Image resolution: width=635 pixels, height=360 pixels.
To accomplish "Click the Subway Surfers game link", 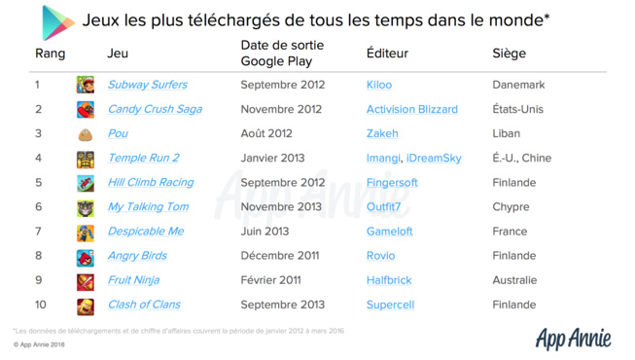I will point(147,85).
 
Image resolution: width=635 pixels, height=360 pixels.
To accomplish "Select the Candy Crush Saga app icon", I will point(86,110).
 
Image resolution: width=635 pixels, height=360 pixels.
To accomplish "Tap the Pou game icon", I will point(86,134).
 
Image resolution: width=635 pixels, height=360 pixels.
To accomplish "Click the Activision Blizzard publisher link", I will point(411,109).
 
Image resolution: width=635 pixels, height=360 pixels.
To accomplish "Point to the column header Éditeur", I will point(387,54).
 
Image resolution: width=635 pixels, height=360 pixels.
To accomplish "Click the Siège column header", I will point(509,54).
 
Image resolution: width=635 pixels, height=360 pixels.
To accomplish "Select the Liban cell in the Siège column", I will point(506,133).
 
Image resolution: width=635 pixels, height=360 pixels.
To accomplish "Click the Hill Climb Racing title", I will point(150,182).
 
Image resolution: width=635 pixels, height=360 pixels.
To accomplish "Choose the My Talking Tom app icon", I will point(86,207).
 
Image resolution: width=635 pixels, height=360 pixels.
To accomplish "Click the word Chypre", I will point(512,206).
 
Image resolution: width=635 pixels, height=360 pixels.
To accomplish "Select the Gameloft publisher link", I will point(389,232).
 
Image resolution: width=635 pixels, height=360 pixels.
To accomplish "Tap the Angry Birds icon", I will point(86,257).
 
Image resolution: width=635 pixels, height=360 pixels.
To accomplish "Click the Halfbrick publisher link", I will point(389,280).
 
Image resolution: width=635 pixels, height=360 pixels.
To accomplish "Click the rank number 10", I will point(40,305).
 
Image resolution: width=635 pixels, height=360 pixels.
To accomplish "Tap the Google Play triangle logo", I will point(56,21).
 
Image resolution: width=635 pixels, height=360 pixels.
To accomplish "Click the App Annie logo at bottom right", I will point(573,338).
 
